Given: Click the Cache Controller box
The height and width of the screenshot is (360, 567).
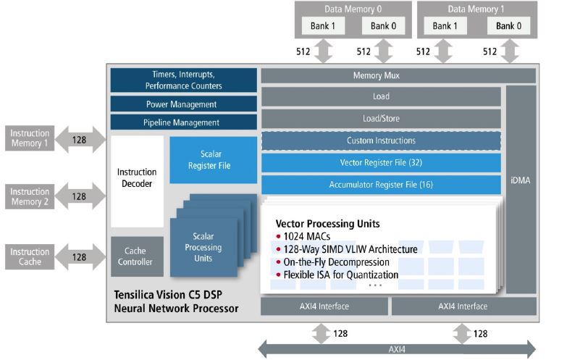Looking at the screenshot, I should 137,256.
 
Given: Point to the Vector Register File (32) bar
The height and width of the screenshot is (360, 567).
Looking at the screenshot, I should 381,163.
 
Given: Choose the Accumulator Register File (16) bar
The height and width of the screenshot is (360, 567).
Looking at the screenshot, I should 381,185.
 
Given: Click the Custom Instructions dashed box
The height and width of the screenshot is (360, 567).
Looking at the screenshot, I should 381,141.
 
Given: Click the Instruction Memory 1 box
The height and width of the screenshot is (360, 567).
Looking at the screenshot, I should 30,138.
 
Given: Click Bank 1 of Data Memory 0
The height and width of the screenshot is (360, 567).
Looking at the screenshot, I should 320,25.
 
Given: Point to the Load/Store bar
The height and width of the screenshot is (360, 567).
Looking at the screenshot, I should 381,118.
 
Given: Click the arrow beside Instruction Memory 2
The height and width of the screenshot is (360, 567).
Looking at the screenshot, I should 79,196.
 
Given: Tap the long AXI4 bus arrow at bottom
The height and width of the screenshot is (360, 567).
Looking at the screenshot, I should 398,350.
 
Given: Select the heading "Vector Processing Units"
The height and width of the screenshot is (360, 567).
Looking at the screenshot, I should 327,223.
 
